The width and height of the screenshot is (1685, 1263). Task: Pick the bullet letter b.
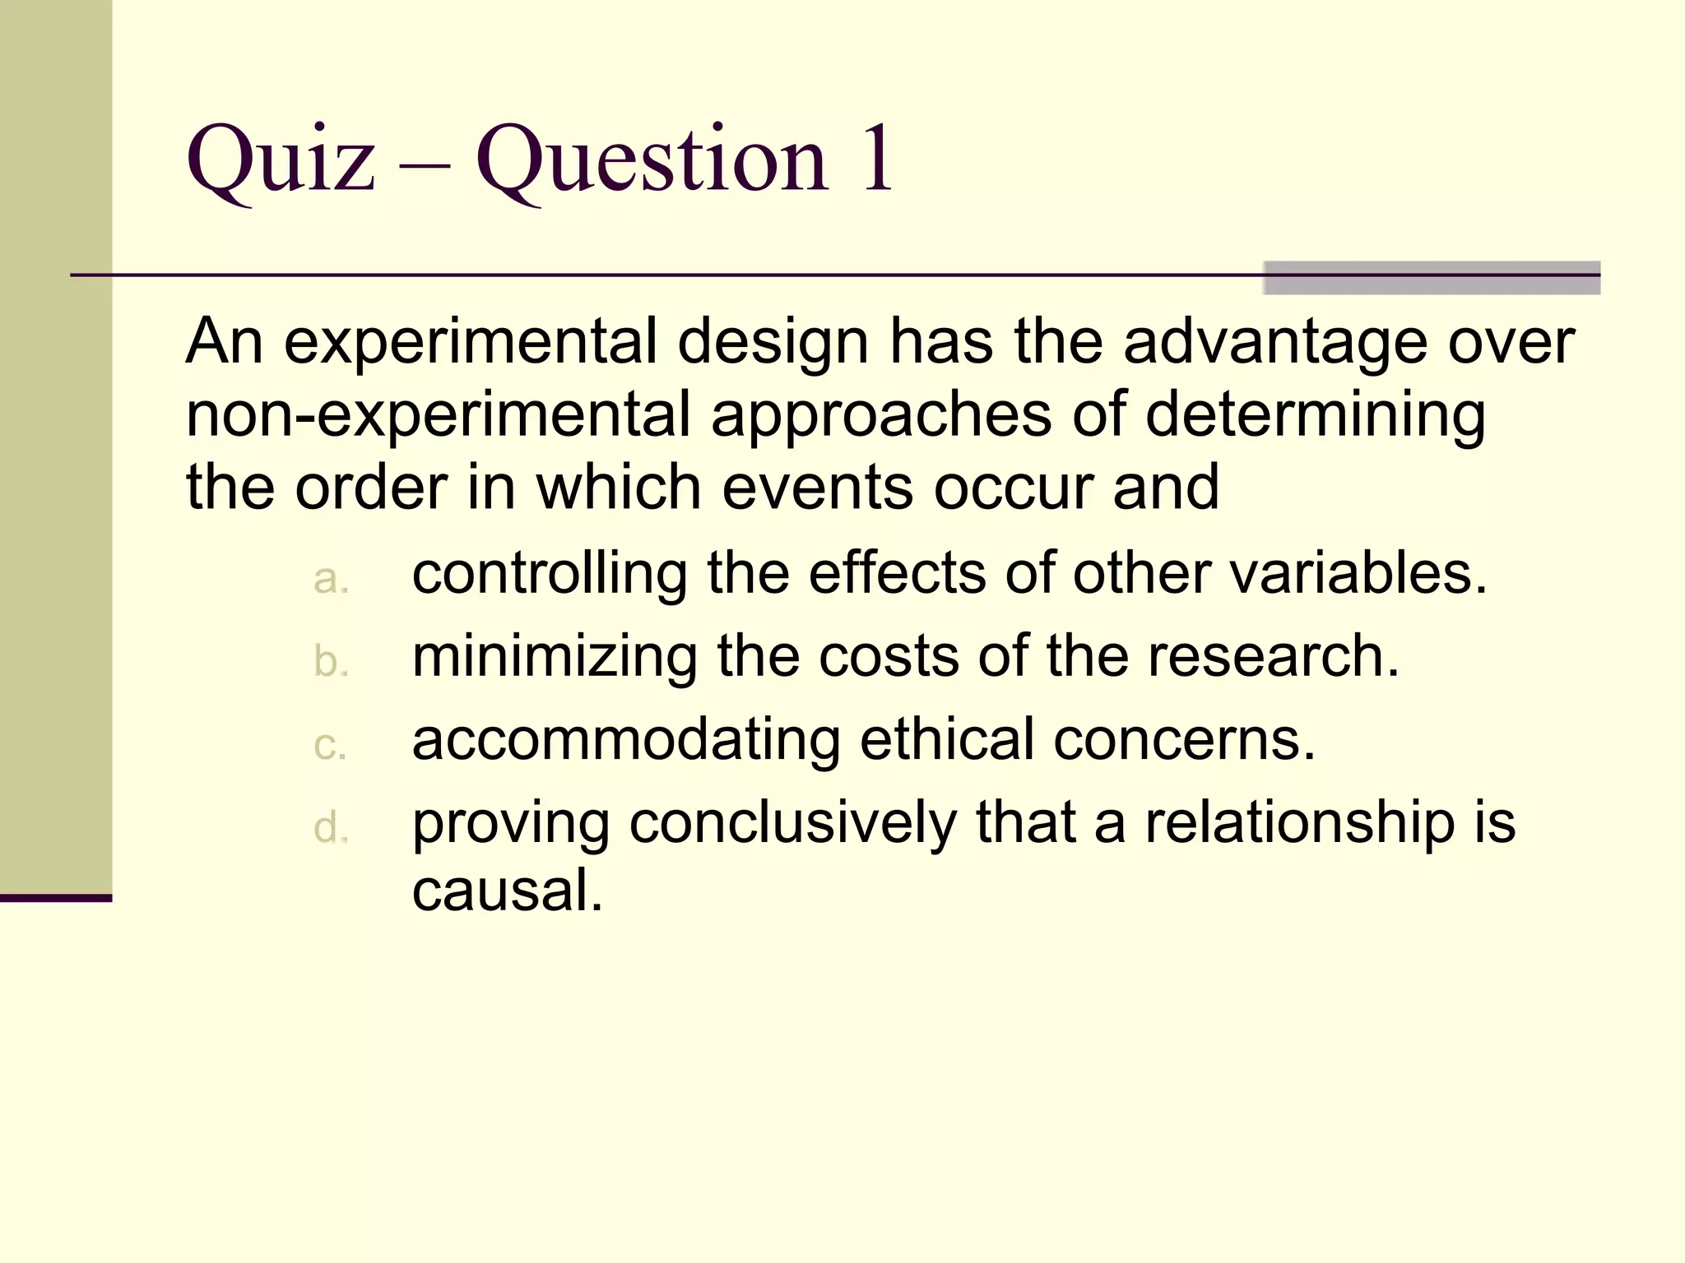331,661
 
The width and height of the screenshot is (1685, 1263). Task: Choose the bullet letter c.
331,745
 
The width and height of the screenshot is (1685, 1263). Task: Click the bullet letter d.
331,827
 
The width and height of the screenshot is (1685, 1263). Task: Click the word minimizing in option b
555,657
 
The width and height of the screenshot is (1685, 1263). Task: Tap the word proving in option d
511,824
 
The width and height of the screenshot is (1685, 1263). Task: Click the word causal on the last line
507,890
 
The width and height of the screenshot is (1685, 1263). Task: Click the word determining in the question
1315,416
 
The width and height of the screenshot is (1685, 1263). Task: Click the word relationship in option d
1300,822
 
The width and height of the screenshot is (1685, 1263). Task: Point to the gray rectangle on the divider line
1432,278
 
